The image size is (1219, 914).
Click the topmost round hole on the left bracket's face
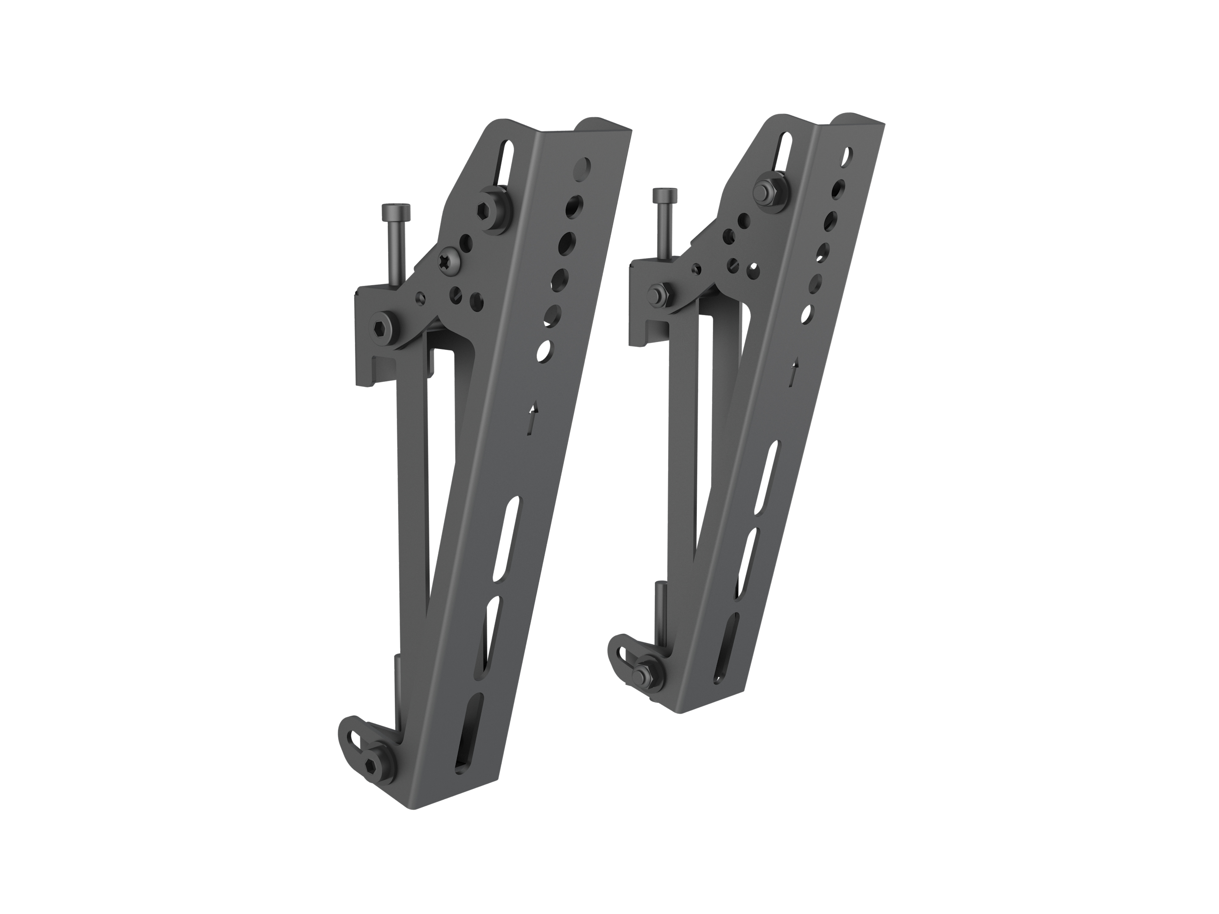pyautogui.click(x=581, y=167)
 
